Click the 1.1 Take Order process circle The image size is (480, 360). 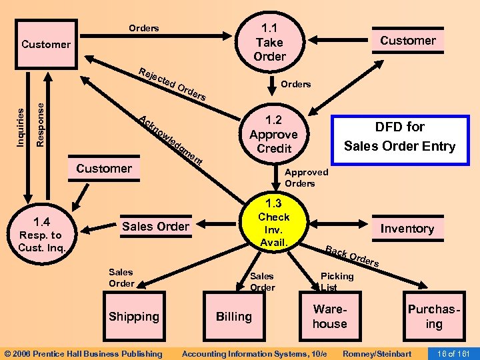pyautogui.click(x=269, y=41)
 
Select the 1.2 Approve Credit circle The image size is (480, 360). pyautogui.click(x=274, y=134)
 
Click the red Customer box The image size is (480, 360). pyautogui.click(x=407, y=41)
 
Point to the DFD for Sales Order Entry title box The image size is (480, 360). pyautogui.click(x=399, y=136)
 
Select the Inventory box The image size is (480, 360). pyautogui.click(x=407, y=229)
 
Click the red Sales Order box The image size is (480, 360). pyautogui.click(x=155, y=227)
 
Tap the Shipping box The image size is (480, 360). pyautogui.click(x=134, y=317)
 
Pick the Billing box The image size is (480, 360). pyautogui.click(x=233, y=317)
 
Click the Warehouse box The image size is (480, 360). pyautogui.click(x=330, y=317)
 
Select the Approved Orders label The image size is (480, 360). pyautogui.click(x=306, y=177)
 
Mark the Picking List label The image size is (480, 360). pyautogui.click(x=337, y=281)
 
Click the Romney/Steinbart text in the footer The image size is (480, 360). pyautogui.click(x=376, y=353)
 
